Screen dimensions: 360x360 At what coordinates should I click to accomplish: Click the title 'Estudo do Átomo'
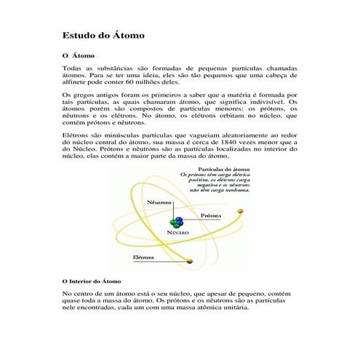pos(103,35)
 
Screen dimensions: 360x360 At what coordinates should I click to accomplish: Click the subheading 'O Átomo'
pos(79,55)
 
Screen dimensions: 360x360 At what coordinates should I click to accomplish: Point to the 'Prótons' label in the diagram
pos(212,216)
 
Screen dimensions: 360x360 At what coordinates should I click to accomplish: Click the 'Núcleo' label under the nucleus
pos(179,231)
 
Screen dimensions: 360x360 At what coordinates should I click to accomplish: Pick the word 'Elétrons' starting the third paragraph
pos(75,135)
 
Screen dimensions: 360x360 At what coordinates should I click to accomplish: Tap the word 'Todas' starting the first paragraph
pos(74,68)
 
